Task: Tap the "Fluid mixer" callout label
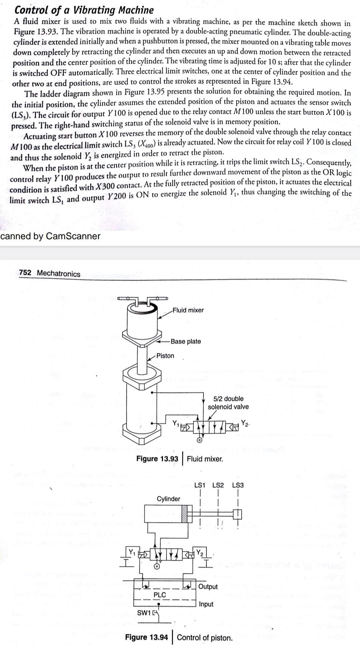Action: pos(188,310)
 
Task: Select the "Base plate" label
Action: pos(186,341)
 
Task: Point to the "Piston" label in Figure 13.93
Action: pos(165,356)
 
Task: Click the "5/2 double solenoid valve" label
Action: pos(228,403)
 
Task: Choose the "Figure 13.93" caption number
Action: pos(157,459)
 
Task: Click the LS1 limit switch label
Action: pos(200,485)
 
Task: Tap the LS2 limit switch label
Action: pos(218,485)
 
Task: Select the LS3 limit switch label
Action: pos(238,485)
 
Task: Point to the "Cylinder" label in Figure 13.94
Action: pos(169,499)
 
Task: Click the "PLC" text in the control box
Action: pos(160,595)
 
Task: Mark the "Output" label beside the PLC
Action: pos(208,586)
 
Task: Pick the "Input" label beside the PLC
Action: pos(206,604)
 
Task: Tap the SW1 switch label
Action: pos(144,612)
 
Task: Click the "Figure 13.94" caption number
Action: pos(146,637)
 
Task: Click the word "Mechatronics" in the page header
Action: pos(59,274)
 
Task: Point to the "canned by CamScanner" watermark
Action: pos(50,236)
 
